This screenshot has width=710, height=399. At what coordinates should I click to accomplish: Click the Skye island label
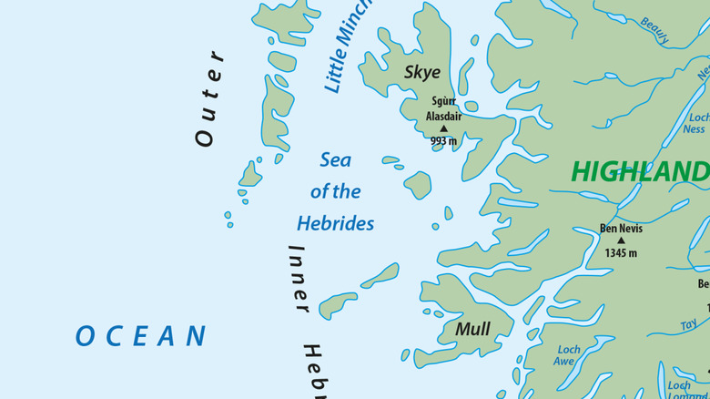coord(422,73)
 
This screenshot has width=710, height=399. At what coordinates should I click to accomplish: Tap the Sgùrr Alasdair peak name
coord(444,109)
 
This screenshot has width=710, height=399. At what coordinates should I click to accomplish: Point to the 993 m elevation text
coord(444,141)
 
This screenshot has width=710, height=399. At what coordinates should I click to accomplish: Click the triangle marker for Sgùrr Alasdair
coord(444,129)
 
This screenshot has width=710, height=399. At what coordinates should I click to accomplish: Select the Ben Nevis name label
coord(621,229)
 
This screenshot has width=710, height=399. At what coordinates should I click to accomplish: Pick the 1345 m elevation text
coord(621,253)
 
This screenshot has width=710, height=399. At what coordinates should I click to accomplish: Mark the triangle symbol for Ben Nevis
coord(621,241)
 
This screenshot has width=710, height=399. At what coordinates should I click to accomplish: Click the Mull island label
coord(472,329)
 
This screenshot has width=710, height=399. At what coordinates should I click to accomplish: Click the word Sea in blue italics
coord(335,160)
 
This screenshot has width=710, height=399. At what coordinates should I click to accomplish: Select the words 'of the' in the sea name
coord(335,192)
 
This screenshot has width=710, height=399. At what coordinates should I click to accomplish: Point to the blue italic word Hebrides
coord(335,224)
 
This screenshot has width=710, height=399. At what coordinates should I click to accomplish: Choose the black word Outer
coord(208,97)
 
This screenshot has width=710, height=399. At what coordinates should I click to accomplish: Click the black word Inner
coord(298,279)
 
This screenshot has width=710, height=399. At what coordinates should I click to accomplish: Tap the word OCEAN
coord(141,336)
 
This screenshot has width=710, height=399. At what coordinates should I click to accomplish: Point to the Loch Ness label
coord(696,124)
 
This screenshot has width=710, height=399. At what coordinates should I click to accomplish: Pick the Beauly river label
coord(654,31)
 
